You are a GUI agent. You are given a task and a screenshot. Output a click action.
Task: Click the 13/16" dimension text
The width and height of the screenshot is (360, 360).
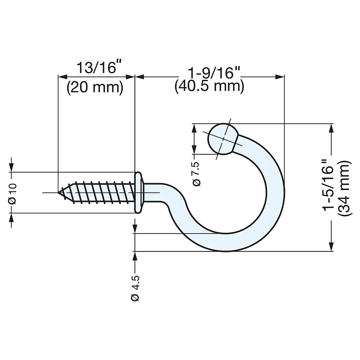pos(97,68)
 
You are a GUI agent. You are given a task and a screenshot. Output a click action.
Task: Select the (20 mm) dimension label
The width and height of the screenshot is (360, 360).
pos(95,87)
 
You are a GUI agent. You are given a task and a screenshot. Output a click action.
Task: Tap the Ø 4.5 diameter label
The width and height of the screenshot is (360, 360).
pos(135,288)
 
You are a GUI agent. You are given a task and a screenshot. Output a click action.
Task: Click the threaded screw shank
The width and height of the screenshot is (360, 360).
pos(101,193)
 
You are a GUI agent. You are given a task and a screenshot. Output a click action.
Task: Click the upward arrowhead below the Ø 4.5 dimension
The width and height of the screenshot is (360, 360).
pos(135,256)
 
